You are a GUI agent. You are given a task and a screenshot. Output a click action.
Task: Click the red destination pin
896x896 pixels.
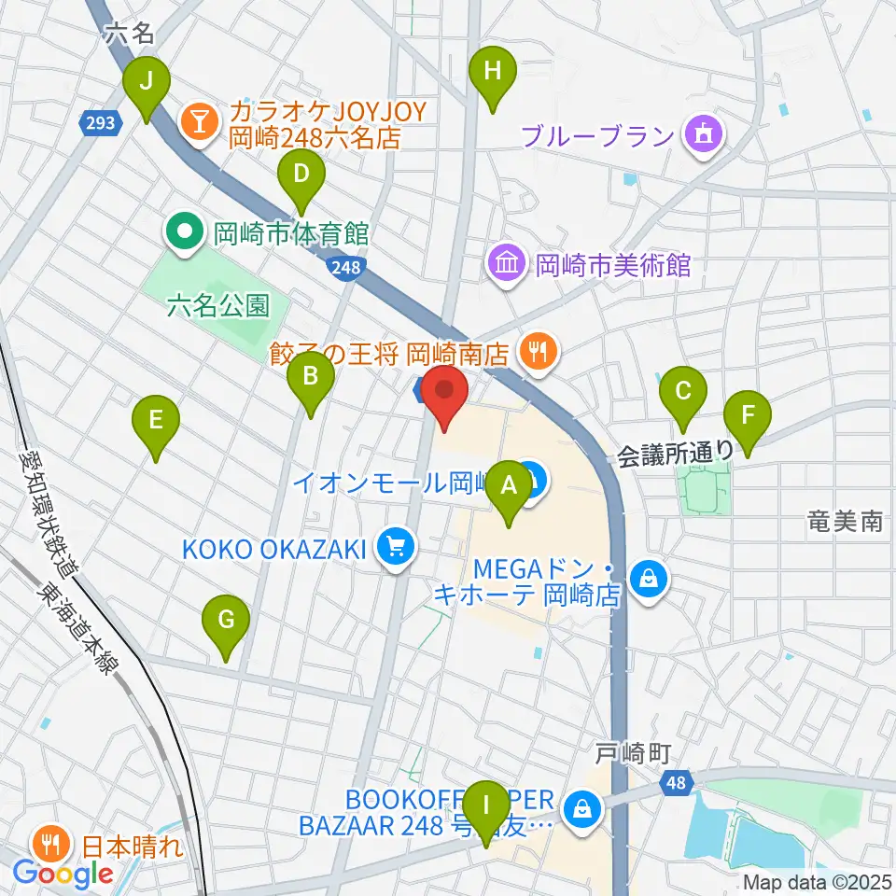tap(444, 395)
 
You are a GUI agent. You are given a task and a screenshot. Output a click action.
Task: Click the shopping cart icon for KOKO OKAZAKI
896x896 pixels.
tap(396, 548)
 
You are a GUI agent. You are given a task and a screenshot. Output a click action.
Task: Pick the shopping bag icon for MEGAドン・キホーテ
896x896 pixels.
tap(647, 580)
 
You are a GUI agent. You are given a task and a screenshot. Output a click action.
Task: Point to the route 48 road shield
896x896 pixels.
tap(679, 783)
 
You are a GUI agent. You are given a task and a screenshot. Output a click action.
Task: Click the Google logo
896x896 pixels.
tap(63, 875)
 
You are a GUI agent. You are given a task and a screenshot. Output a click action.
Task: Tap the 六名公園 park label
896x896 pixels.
tap(219, 304)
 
